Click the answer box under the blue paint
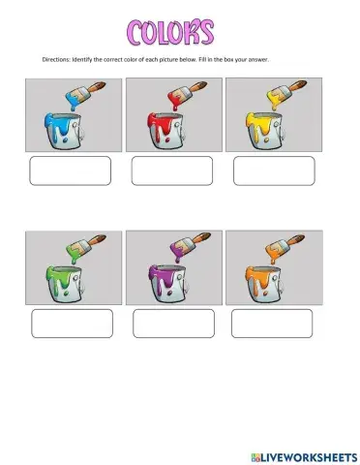tap(71, 170)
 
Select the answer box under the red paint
tap(171, 170)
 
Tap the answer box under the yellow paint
tap(274, 170)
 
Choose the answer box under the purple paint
tap(171, 323)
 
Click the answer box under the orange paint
tap(272, 323)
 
